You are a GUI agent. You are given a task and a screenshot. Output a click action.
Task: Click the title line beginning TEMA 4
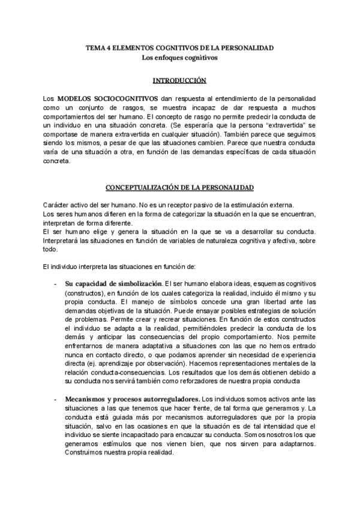pos(179,47)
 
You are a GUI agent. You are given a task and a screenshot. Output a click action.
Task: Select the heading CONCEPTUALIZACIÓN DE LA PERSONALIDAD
pos(179,187)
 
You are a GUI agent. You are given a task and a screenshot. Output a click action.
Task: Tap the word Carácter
pos(57,205)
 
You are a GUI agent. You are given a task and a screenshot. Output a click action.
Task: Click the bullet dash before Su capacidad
pos(55,283)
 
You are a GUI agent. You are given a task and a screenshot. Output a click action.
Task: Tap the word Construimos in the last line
pos(88,453)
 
